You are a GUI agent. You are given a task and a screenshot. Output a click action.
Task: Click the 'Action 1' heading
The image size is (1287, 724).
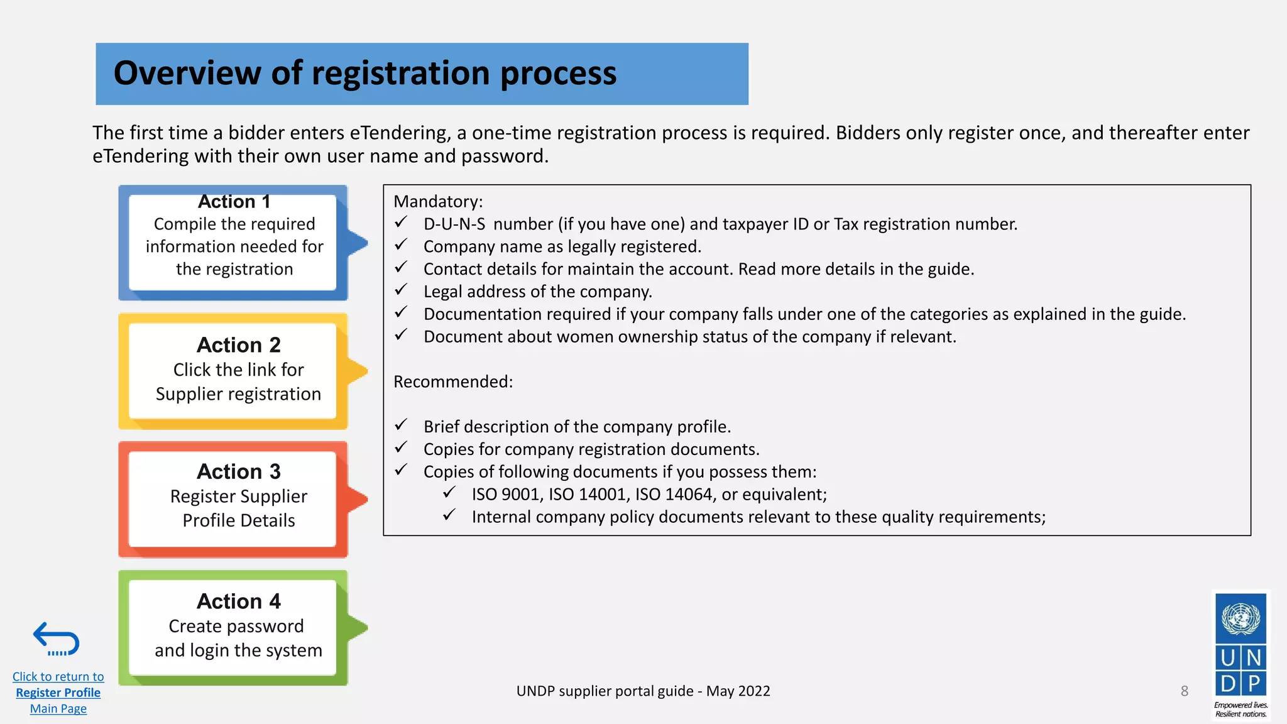[x=234, y=202]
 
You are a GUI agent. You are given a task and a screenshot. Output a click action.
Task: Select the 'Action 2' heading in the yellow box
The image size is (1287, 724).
[x=238, y=345]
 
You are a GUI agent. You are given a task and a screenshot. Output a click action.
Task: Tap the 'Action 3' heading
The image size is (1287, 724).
[x=238, y=471]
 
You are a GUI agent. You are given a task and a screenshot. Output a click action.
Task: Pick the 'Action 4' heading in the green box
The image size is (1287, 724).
[x=238, y=601]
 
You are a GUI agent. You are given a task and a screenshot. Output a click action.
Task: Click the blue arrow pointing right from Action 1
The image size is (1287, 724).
[x=357, y=243]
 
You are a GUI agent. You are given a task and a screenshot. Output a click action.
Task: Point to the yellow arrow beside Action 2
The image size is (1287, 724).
[x=357, y=371]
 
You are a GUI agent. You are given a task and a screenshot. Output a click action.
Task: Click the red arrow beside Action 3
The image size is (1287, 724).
[x=357, y=500]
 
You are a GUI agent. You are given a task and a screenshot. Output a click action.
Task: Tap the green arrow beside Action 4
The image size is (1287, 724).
[x=357, y=627]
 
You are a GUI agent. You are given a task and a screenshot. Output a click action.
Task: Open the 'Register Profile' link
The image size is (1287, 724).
[x=58, y=693]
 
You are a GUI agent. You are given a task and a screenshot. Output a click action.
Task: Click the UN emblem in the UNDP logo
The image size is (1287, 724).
[x=1240, y=618]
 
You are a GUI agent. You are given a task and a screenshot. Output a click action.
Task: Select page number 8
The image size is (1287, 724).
[x=1185, y=691]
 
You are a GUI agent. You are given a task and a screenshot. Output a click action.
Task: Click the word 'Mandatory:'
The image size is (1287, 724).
[x=438, y=202]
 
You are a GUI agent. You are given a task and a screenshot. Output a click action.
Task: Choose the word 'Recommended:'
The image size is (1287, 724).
[x=453, y=382]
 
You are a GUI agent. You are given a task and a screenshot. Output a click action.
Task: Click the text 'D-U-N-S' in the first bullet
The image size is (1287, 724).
[x=454, y=224]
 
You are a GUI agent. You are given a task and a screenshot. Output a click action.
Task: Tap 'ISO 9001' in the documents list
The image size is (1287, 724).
[x=506, y=495]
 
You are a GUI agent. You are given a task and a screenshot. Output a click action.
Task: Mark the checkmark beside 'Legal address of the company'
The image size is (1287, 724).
[x=401, y=290]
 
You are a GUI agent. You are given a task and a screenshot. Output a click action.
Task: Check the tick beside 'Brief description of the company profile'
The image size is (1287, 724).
[x=401, y=425]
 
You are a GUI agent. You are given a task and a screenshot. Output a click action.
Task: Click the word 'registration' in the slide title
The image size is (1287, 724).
[x=400, y=73]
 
